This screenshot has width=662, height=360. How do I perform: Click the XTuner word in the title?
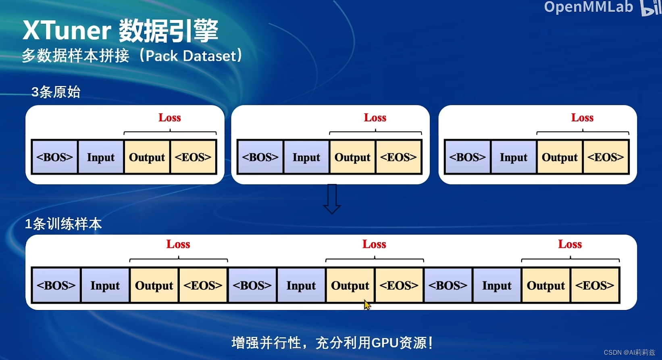pos(67,30)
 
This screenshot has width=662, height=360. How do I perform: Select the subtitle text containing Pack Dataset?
pos(132,56)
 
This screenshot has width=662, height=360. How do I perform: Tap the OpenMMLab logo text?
pos(588,7)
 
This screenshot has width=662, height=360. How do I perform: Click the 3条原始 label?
pos(56,92)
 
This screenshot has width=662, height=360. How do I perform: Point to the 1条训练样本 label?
pos(63,224)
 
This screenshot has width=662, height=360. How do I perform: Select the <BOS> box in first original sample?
pos(55,157)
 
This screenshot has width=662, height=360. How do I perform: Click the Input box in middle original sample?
pos(306,157)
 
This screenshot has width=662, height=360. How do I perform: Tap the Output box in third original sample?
pos(560,157)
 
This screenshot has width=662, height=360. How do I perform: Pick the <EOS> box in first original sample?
pos(193,157)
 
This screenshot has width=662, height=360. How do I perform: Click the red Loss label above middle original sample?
pos(375,118)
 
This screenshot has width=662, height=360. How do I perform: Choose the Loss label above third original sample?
pos(582,118)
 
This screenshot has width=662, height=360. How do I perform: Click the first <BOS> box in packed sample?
pos(56,285)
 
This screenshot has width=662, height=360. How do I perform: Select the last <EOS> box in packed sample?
pos(595,285)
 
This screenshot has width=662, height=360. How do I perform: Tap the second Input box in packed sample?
pos(301,285)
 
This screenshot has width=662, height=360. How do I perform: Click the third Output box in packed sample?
pos(546,285)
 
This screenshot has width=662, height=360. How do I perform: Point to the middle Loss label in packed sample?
pos(374,244)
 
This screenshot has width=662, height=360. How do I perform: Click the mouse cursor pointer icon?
pos(367,305)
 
